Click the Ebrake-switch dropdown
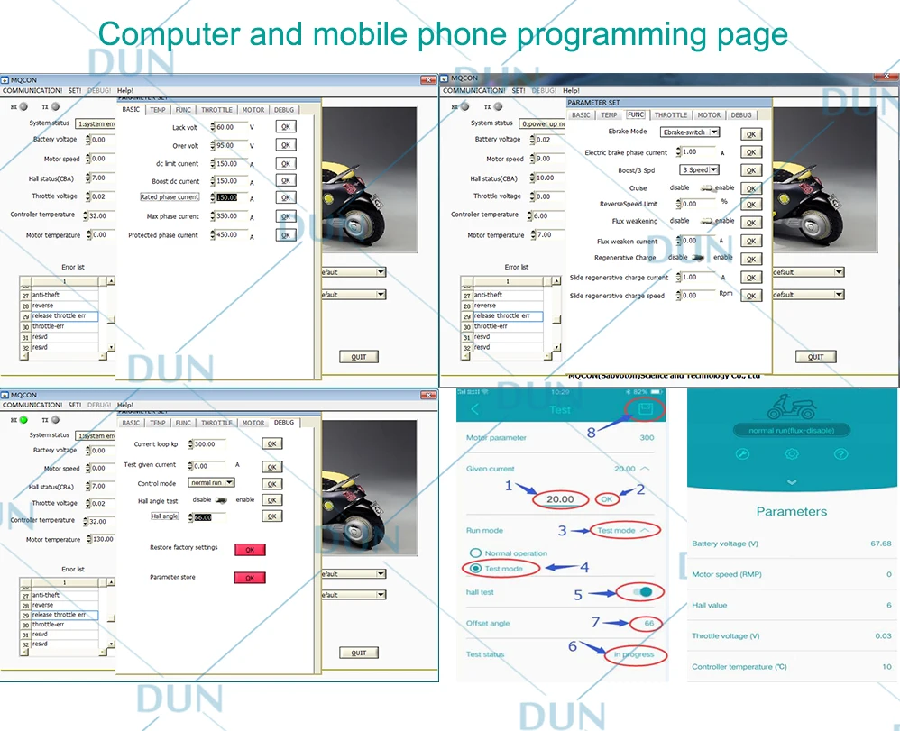(690, 132)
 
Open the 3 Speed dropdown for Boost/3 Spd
(700, 169)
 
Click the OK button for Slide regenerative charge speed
(750, 296)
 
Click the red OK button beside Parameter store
(250, 578)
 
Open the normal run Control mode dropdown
(211, 483)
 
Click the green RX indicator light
(23, 419)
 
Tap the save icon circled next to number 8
(645, 409)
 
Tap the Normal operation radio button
(475, 553)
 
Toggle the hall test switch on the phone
(643, 592)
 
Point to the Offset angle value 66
(648, 624)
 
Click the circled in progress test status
(635, 654)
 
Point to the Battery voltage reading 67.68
(880, 544)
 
